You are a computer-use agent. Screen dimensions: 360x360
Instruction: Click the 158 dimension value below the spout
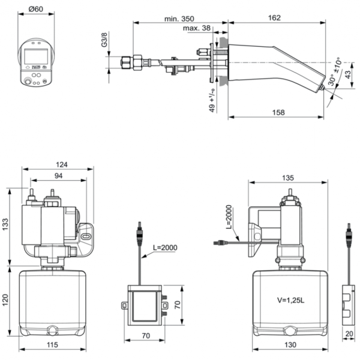pos(277,112)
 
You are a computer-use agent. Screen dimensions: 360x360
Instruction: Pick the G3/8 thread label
pos(104,40)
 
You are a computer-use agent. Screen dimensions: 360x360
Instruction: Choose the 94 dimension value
pos(59,176)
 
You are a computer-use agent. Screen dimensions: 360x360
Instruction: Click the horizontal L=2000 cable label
pos(164,247)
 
